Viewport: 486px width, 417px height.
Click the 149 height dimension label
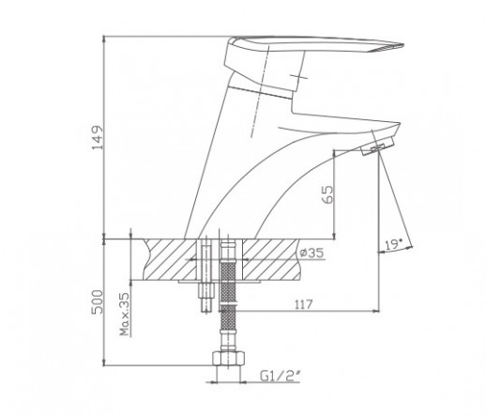click(x=97, y=138)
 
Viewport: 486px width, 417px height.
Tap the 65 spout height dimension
click(x=328, y=194)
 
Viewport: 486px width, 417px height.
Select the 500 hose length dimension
click(x=97, y=302)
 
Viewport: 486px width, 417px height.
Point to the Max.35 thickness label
click(x=125, y=314)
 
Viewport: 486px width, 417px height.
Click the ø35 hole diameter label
click(x=311, y=253)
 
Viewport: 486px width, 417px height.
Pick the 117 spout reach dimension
click(x=303, y=304)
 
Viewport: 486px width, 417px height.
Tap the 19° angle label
click(x=393, y=244)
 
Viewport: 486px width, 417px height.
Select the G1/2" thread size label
click(x=281, y=376)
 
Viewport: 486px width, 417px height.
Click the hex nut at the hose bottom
click(x=228, y=359)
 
